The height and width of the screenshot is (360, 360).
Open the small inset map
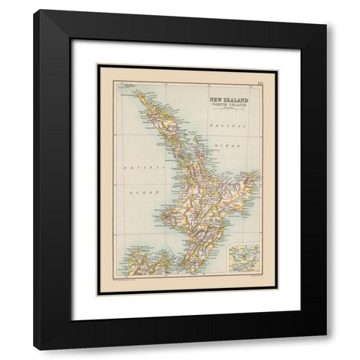[244, 256]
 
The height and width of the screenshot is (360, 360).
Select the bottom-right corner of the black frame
[326, 349]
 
